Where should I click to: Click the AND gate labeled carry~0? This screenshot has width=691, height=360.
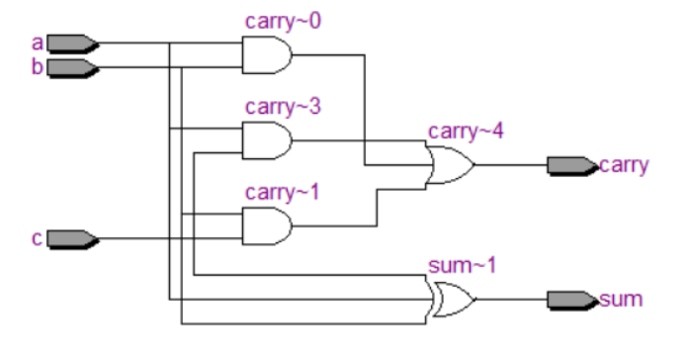click(x=266, y=55)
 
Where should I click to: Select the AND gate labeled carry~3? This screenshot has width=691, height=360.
click(x=266, y=141)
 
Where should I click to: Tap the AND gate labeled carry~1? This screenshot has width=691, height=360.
click(x=266, y=226)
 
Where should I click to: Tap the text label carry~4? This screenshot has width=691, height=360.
click(x=466, y=132)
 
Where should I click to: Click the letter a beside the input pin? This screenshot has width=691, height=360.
click(x=37, y=44)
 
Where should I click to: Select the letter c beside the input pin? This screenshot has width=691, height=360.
click(x=37, y=238)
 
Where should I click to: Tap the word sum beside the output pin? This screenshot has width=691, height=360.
click(x=622, y=299)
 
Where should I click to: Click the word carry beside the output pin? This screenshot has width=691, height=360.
click(x=625, y=165)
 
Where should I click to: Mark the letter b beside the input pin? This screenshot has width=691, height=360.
click(x=37, y=67)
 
